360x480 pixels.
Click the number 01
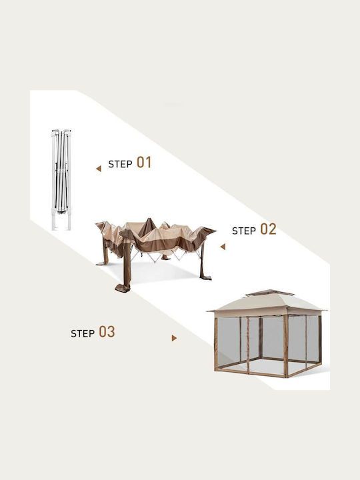tap(144, 162)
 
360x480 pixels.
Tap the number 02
tap(268, 229)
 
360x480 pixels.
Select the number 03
tap(107, 332)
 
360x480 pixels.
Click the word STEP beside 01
tap(120, 164)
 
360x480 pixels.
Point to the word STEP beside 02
tap(244, 231)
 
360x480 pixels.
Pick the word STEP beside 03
tap(83, 333)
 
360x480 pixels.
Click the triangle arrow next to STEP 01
tap(99, 169)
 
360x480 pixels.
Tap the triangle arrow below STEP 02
tap(223, 247)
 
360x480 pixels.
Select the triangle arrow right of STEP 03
tap(174, 338)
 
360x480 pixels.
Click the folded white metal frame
tap(61, 180)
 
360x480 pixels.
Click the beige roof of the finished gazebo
tap(266, 305)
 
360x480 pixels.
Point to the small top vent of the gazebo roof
tap(269, 293)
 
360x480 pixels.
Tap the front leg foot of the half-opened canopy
tap(123, 288)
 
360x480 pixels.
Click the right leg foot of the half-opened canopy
tap(206, 277)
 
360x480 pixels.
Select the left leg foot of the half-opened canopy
tap(101, 263)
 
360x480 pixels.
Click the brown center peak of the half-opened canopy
tap(147, 227)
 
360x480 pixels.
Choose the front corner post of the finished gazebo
tap(285, 346)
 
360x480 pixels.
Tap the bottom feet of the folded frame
tap(61, 222)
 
